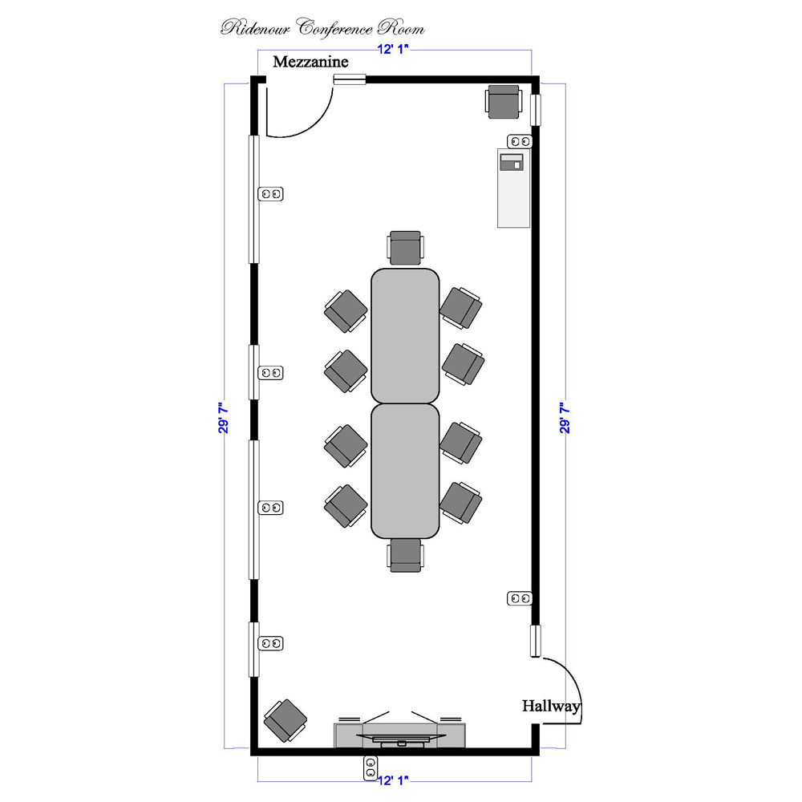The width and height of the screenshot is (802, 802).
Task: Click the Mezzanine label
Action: coord(310,62)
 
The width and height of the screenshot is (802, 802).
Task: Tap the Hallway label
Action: coord(551,707)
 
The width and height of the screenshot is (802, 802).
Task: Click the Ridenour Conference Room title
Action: coord(322,27)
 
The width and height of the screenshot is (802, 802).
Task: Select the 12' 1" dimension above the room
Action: coord(393,49)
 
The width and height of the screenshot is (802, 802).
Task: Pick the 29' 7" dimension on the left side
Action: coord(224,417)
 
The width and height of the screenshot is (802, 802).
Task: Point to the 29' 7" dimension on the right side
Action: coord(565,417)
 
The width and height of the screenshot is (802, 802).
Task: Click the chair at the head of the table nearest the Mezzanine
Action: coord(406,248)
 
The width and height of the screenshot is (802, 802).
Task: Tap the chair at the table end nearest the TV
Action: coord(406,556)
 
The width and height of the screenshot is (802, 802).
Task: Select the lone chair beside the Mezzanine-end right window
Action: coord(504,102)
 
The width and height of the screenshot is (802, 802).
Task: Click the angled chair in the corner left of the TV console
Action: coord(285,721)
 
